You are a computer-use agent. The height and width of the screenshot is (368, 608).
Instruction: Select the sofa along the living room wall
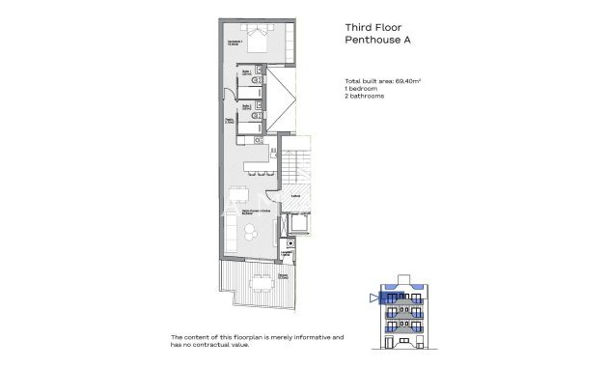click(x=232, y=232)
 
